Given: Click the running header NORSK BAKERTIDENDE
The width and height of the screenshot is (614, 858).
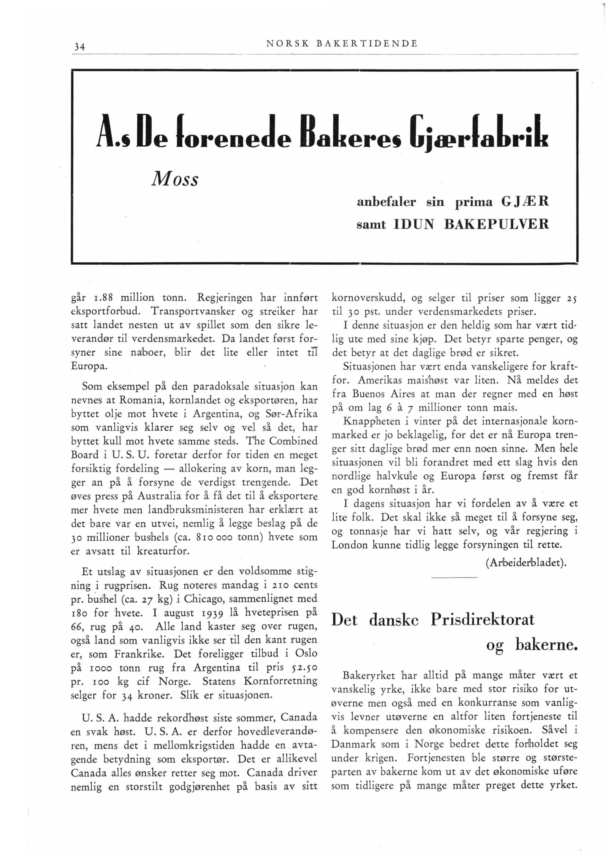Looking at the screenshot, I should (x=342, y=43).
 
